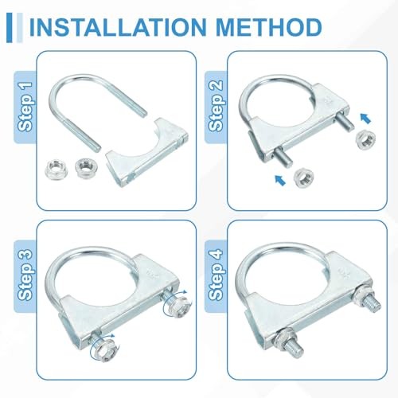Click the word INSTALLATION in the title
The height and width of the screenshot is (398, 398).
[118, 27]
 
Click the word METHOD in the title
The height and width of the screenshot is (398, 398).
[269, 27]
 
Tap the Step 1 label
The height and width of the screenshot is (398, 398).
[25, 107]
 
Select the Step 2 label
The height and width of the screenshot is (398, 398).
[216, 106]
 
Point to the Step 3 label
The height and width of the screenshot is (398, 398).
[25, 275]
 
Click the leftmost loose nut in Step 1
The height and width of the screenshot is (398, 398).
[57, 168]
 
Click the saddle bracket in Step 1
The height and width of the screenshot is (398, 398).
[147, 153]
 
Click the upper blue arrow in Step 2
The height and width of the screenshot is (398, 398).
[365, 119]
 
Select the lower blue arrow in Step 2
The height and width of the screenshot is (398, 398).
[280, 180]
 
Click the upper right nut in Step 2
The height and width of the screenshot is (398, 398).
[365, 140]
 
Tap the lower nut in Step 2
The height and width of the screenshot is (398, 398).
[304, 177]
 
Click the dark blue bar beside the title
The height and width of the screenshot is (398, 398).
[10, 27]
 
